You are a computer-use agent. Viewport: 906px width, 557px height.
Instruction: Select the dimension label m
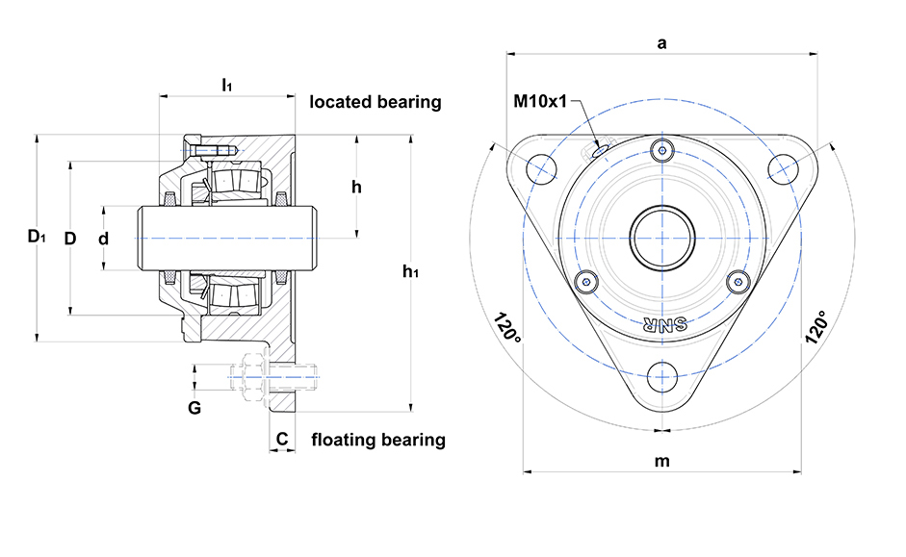[661, 461]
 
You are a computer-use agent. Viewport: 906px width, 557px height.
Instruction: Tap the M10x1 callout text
[540, 100]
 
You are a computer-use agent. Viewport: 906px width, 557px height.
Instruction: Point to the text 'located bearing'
[375, 101]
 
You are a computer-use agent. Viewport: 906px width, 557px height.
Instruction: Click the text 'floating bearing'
[378, 441]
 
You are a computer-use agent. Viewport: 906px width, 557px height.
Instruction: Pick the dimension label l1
[226, 86]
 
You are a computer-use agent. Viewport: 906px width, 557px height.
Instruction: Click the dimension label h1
[410, 271]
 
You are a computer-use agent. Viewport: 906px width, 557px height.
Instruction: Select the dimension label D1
[36, 237]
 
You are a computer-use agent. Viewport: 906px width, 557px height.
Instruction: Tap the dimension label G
[194, 408]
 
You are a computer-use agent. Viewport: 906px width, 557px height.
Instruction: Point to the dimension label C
[281, 440]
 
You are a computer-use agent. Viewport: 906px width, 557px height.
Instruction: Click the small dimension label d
[103, 238]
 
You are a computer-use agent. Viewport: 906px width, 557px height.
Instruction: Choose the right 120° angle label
[817, 328]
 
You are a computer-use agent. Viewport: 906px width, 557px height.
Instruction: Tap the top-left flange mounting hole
[542, 167]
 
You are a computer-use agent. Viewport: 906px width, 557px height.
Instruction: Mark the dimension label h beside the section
[356, 187]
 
